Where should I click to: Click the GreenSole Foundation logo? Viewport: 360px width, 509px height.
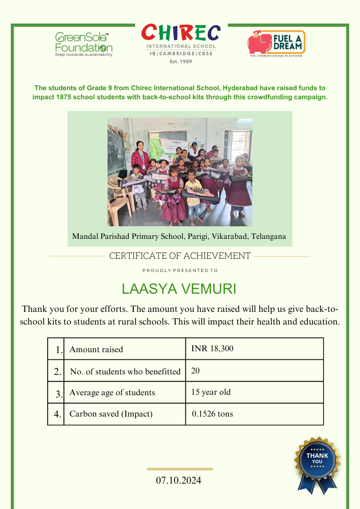coord(84,44)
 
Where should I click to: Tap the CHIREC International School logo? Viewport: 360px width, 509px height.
coord(181,41)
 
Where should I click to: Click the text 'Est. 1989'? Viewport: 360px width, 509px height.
coord(181,61)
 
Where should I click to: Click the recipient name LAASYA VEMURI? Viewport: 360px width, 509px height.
coord(179,289)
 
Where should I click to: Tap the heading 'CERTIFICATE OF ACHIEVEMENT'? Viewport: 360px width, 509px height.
coord(180,256)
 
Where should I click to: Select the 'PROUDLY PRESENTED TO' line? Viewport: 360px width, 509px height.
coord(180,271)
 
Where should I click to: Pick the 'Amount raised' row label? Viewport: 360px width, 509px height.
coord(96,349)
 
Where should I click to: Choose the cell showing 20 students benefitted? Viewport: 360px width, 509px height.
coord(195,371)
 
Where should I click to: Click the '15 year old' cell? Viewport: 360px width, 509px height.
coord(211,392)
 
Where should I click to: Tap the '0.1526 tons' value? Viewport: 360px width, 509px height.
coord(212,414)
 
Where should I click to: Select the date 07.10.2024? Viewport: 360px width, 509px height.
coord(179,480)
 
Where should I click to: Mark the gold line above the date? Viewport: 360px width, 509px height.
coord(180,469)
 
